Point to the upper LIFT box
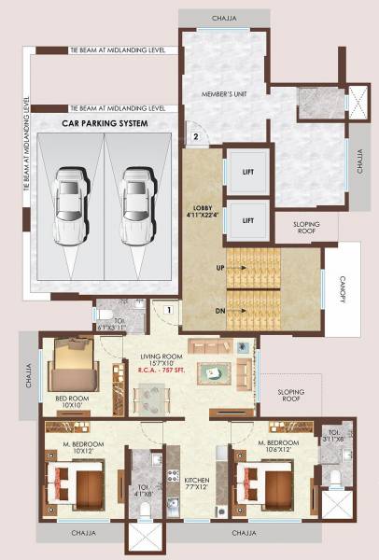pos(248,173)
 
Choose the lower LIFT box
pos(248,220)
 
